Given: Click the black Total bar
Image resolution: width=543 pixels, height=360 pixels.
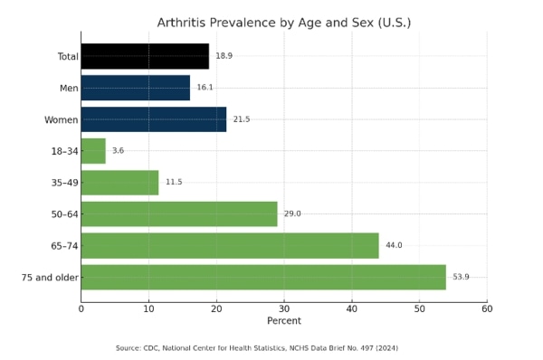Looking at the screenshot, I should [x=145, y=56].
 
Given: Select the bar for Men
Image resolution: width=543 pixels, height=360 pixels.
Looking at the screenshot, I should [x=136, y=88].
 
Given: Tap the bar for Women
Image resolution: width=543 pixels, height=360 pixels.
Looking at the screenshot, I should [x=154, y=119].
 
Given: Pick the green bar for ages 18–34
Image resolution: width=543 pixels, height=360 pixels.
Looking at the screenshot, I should [x=93, y=151].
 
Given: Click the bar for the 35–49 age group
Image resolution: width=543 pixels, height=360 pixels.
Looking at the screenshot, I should [x=119, y=183].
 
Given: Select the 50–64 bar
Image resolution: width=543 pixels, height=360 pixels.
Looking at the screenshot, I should [x=179, y=214].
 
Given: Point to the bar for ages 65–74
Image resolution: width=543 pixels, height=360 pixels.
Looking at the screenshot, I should [x=230, y=246].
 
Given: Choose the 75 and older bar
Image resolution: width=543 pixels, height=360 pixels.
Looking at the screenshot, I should [x=263, y=278].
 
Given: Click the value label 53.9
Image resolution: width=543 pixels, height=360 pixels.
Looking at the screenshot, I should [x=461, y=278].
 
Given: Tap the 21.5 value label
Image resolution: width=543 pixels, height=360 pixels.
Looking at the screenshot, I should [x=241, y=119].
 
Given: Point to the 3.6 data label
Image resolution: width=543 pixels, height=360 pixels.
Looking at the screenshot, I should [x=118, y=151].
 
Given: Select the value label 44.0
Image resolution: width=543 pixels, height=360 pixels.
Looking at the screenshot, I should [x=393, y=246].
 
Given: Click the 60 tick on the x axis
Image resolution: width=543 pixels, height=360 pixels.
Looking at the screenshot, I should [x=487, y=309].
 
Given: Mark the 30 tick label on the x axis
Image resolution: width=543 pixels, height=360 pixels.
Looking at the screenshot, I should [x=284, y=309].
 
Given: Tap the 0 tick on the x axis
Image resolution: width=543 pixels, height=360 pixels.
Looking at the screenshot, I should [x=81, y=309].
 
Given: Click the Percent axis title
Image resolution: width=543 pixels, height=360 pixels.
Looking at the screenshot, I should [x=284, y=321].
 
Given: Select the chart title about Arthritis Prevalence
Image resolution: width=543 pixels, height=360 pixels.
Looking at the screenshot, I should [x=284, y=23].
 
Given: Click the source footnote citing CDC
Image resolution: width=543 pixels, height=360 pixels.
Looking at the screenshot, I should [x=257, y=348].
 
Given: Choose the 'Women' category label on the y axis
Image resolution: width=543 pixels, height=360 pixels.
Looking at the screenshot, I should [x=61, y=119].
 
